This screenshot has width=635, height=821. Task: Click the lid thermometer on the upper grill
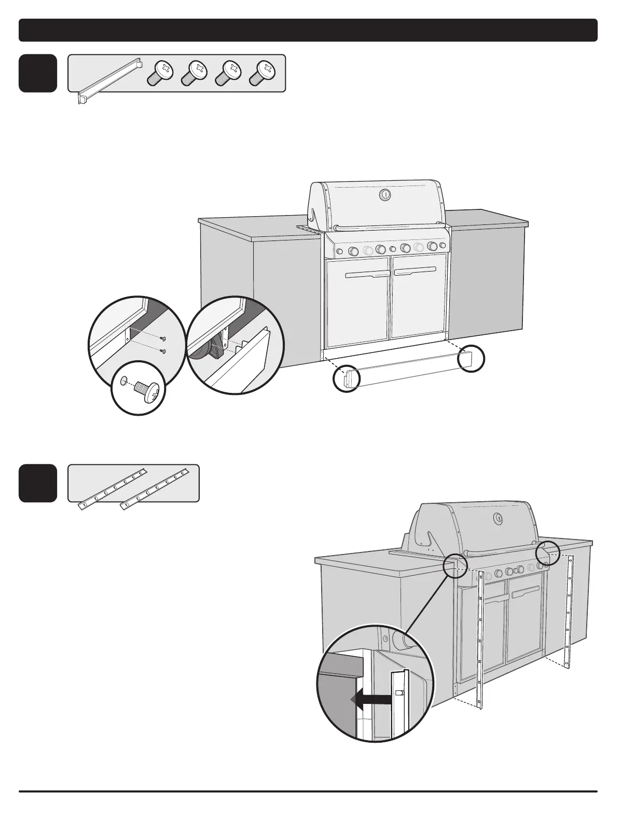(384, 194)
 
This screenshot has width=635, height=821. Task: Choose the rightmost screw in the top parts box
(261, 73)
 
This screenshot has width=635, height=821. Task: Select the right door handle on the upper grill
(414, 271)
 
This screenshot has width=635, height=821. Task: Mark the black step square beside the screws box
(38, 73)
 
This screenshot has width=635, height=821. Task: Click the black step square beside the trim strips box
(38, 483)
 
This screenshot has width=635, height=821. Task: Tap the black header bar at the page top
(308, 30)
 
